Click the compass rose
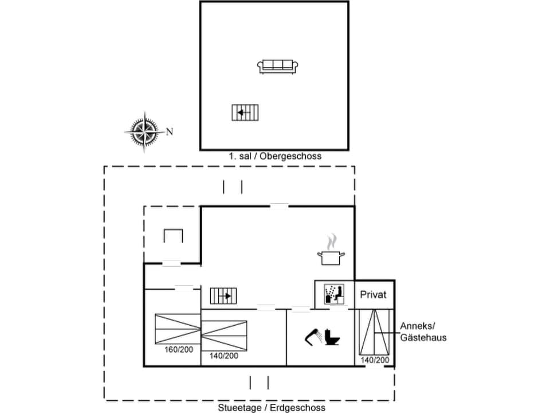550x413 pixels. (x=143, y=131)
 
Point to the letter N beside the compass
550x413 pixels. (x=170, y=131)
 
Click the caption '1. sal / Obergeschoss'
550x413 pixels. (x=275, y=156)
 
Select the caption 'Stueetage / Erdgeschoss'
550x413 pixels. (x=272, y=408)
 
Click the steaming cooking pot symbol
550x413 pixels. (x=331, y=251)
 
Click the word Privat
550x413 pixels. (x=374, y=295)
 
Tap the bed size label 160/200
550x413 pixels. (x=178, y=349)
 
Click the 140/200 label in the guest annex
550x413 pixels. (x=375, y=360)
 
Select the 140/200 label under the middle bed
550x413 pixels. (x=223, y=356)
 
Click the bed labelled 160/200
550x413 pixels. (x=178, y=329)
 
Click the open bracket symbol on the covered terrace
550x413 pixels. (x=172, y=235)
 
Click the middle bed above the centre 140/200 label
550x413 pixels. (x=223, y=336)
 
